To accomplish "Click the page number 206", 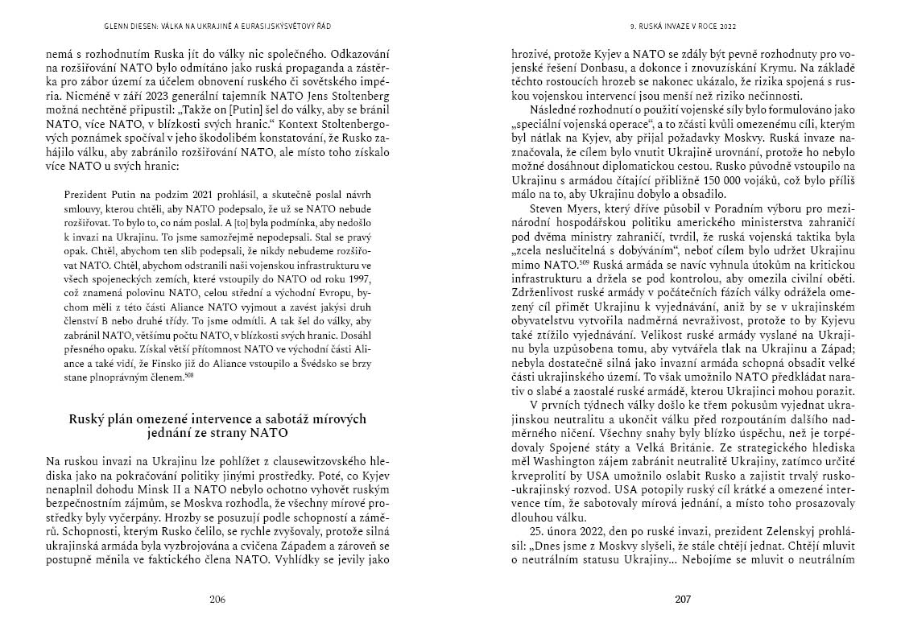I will click(x=217, y=599).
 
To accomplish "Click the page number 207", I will click(x=683, y=599).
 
